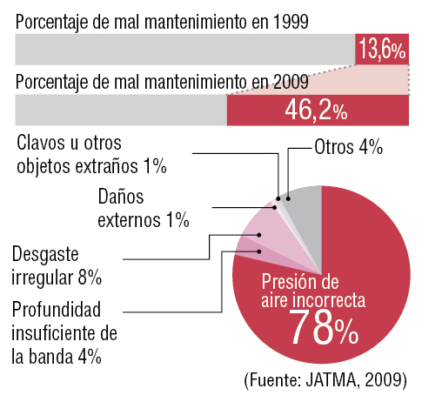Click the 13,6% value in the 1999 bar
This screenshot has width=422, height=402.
pos(382,50)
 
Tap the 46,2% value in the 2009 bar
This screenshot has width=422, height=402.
pos(316,111)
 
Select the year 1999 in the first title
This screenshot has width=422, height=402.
pos(291,22)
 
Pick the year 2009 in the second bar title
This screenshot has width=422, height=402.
pos(291,82)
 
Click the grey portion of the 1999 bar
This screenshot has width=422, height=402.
pos(185,50)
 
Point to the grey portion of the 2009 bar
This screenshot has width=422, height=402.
pos(121,111)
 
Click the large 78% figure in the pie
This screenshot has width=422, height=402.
pos(324,327)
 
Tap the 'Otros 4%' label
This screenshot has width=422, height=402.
pos(349,147)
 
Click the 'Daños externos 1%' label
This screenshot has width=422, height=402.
pos(144,208)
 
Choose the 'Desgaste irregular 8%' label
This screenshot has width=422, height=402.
pos(57,266)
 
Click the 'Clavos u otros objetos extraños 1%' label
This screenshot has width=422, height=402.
pos(91,155)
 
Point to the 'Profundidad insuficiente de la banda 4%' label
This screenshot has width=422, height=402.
pos(64,333)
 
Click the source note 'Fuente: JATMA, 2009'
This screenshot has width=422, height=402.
pos(325,380)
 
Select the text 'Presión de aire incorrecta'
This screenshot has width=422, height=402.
pos(313,291)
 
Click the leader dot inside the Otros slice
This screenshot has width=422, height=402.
pos(288,198)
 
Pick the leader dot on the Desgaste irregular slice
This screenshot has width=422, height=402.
pos(259,235)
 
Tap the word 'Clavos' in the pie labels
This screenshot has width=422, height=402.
pos(40,143)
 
